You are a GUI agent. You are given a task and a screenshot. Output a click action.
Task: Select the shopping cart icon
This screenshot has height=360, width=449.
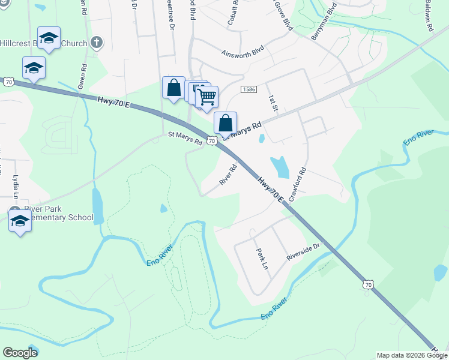(x=206, y=96)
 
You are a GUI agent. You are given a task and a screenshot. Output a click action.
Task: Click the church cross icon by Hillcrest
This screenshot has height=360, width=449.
(x=97, y=43)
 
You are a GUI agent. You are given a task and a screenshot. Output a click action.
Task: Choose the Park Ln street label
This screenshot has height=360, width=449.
(x=261, y=259)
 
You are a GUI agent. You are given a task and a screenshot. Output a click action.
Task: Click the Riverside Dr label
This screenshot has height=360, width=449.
(x=304, y=251)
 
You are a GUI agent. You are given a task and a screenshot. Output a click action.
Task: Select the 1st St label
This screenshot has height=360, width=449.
(x=273, y=103)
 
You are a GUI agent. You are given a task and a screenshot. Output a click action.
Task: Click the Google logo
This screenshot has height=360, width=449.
(x=20, y=353)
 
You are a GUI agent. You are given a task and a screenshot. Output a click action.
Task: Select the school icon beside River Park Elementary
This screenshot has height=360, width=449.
(x=20, y=221)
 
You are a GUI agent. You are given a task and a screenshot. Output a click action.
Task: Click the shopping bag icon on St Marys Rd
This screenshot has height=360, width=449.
(x=225, y=123)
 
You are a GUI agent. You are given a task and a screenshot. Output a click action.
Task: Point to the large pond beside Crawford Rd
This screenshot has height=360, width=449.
(x=279, y=167)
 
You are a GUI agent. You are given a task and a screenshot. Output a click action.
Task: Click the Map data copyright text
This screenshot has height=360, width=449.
(x=412, y=355)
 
